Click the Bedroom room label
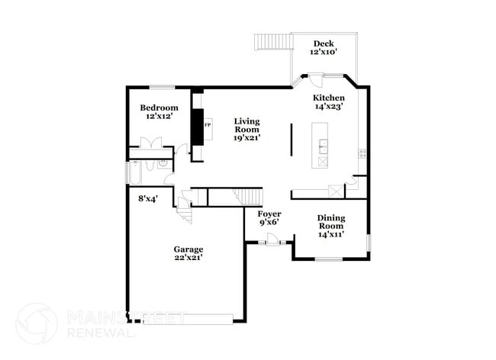pos(159,108)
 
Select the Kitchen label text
pos(330,98)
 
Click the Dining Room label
pos(330,221)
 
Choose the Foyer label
pos(269,214)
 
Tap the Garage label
pos(188,249)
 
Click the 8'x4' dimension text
pos(147,198)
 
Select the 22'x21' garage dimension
pos(188,258)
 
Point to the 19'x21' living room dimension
pos(247,138)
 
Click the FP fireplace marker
pos(207,124)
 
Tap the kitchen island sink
pos(323,145)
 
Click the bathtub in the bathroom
pos(134,173)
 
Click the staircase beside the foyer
pos(246,197)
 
